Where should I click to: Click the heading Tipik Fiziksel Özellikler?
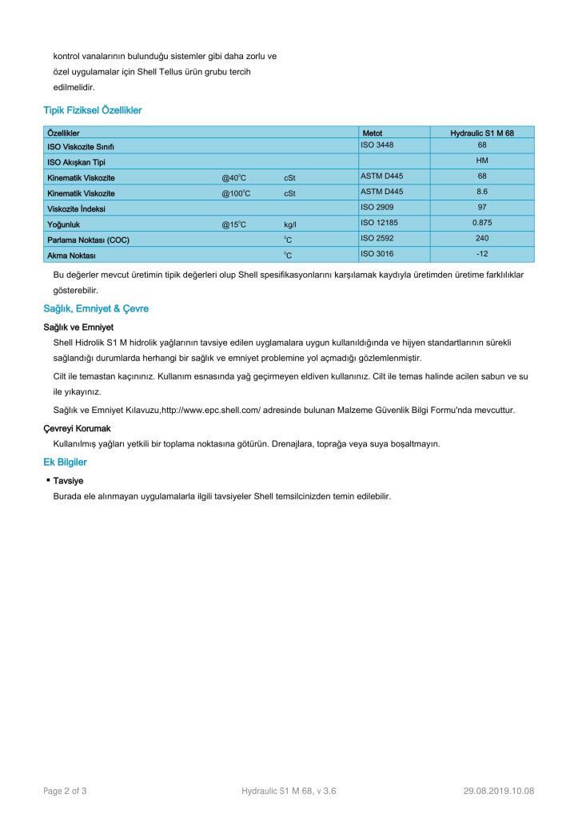click(x=92, y=110)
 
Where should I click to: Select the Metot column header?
click(x=373, y=133)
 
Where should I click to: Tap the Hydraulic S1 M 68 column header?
click(x=481, y=133)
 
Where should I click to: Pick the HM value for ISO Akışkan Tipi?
click(x=482, y=161)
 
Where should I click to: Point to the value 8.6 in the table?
click(x=482, y=192)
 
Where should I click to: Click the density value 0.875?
click(x=482, y=223)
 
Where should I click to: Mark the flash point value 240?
click(x=482, y=238)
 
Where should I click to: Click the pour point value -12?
click(x=482, y=254)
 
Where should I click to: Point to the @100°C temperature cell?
click(x=236, y=193)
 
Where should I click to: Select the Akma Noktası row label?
click(x=71, y=256)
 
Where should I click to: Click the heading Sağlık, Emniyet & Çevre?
click(x=96, y=308)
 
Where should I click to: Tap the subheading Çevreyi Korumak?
click(x=77, y=429)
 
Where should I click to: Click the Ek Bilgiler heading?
click(x=65, y=462)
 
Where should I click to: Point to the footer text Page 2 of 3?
click(x=65, y=791)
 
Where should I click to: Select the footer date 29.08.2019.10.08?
click(x=498, y=791)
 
